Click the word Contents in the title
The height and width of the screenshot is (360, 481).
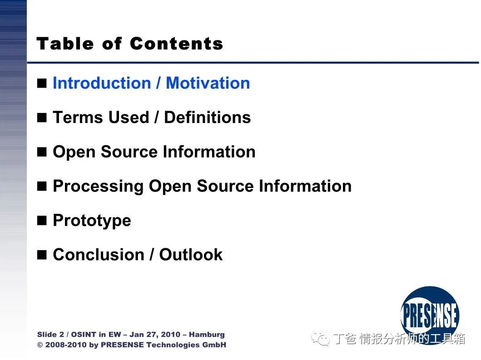tap(176, 44)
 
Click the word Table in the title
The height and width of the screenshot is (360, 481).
tap(65, 44)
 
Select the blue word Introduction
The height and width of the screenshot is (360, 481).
tap(102, 83)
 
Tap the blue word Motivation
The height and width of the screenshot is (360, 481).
tap(208, 83)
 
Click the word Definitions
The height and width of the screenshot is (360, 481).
tap(208, 118)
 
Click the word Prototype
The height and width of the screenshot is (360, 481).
tap(92, 221)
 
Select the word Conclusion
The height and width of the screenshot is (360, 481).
tap(99, 255)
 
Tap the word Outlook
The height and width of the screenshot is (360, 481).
tap(191, 255)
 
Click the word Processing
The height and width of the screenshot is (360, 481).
tap(98, 187)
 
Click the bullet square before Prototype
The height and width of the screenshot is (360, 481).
tap(42, 221)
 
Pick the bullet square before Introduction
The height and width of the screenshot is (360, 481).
tap(42, 83)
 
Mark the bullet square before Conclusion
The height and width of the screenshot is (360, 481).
tap(42, 255)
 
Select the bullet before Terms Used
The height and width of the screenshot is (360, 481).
tap(42, 118)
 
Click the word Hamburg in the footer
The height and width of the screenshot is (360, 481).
tap(207, 335)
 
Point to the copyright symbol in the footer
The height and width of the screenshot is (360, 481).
tap(40, 345)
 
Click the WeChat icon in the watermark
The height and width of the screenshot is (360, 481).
tap(321, 338)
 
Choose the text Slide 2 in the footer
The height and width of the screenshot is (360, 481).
tap(50, 335)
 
